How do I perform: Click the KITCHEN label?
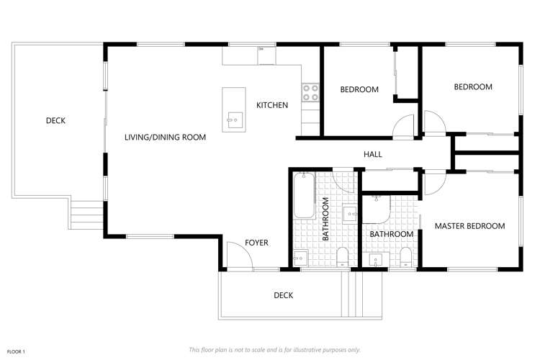tap(272, 105)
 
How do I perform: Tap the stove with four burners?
tap(310, 92)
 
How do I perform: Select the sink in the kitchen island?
tap(233, 120)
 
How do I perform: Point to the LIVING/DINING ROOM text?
tap(165, 137)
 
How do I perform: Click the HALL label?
tap(373, 154)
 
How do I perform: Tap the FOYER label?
tap(256, 243)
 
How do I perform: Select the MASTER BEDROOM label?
tap(469, 226)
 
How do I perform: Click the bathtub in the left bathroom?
tap(304, 196)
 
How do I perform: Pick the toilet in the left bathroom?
tap(342, 257)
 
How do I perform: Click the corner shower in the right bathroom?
tap(376, 208)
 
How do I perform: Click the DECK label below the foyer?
tap(283, 295)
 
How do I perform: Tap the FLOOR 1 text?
tap(15, 351)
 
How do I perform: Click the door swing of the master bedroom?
tap(433, 183)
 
